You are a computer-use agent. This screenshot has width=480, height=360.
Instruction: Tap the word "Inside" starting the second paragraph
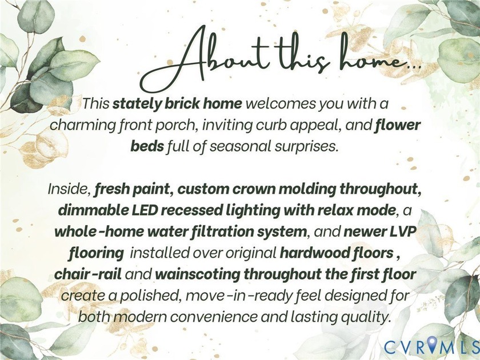[x=69, y=189]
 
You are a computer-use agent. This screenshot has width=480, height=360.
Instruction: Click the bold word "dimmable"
[x=86, y=210]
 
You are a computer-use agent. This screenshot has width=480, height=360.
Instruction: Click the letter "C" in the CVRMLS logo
[x=389, y=346]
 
